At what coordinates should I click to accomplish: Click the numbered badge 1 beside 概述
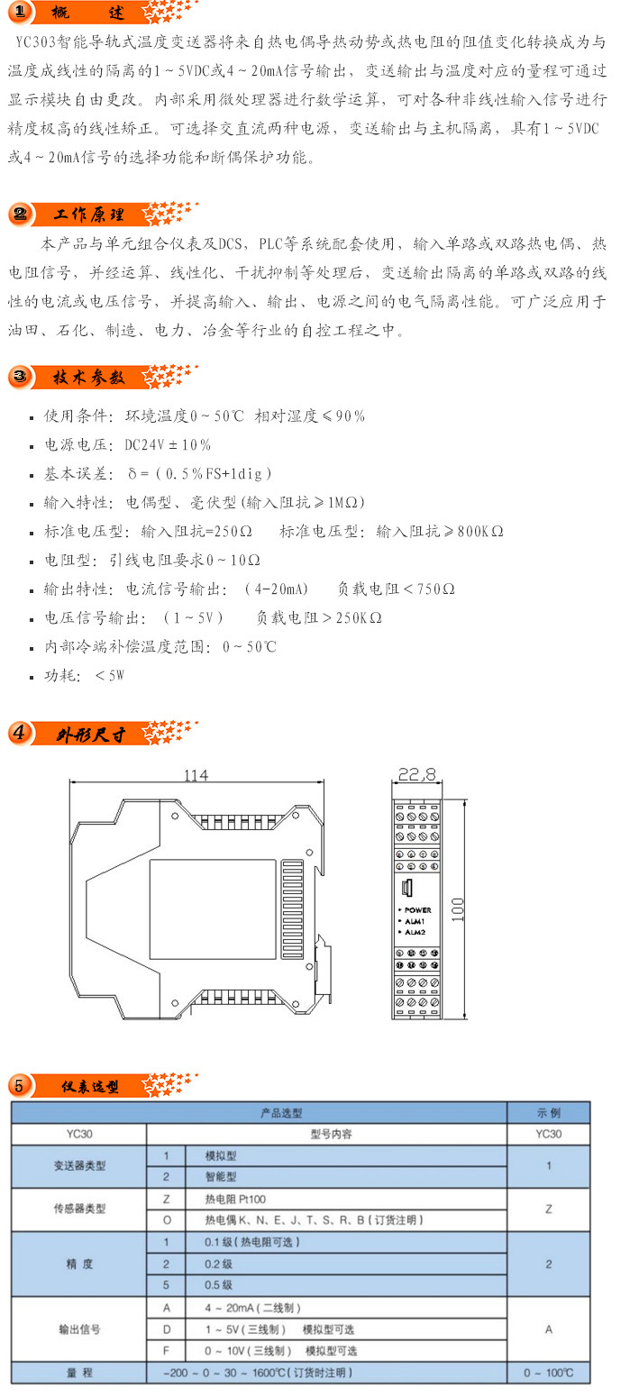[x=20, y=14]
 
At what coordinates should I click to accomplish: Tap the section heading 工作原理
[x=89, y=215]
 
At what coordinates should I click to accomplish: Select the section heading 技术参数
[x=88, y=377]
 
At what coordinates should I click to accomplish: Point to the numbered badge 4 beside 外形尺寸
[x=20, y=733]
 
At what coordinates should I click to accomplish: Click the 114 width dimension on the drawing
[x=196, y=774]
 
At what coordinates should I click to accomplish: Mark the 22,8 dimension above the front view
[x=416, y=774]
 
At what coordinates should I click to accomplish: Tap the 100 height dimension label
[x=456, y=909]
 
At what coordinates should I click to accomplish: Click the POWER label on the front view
[x=417, y=910]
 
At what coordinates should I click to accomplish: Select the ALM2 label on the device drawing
[x=415, y=931]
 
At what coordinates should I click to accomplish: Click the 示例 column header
[x=548, y=1113]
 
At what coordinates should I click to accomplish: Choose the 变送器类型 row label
[x=79, y=1165]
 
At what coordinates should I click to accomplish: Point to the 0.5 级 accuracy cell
[x=219, y=1285]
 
